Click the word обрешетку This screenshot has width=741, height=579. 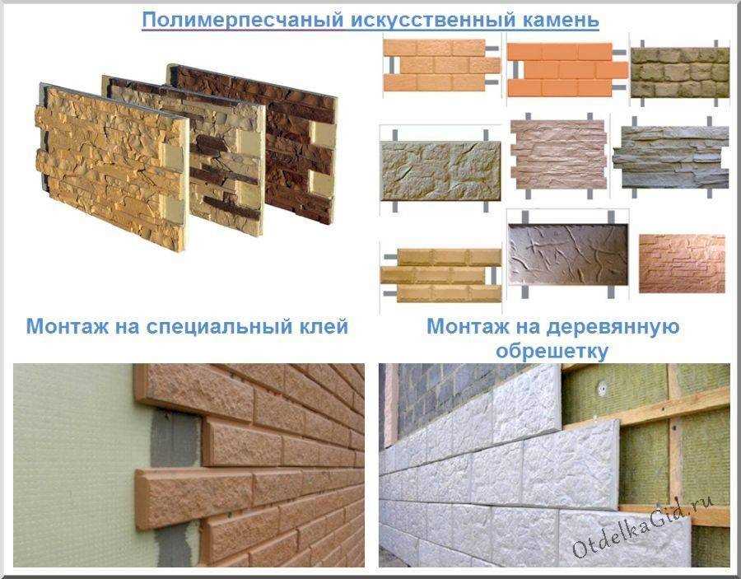coord(552,351)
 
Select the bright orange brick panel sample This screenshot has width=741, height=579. coord(567,70)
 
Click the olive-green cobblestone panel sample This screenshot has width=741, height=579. coord(680,72)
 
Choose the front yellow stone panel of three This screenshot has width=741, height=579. coord(112,168)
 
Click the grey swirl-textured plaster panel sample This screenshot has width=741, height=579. coord(568,254)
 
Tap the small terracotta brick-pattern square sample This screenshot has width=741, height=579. coord(682,264)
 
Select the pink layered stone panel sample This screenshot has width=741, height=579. coord(558,155)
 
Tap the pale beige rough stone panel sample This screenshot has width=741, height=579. coord(441,170)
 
